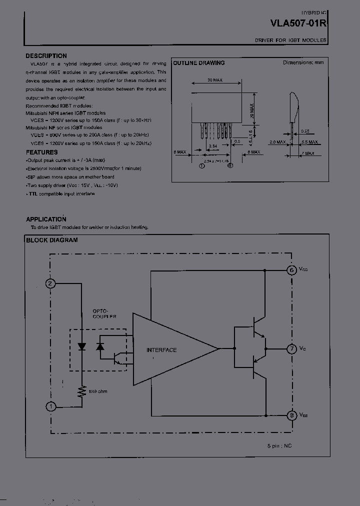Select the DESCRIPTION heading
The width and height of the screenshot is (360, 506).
[46, 56]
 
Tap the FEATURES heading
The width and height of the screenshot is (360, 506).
[41, 152]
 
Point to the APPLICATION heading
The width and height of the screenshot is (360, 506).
[46, 219]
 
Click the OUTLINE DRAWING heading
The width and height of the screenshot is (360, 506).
[198, 63]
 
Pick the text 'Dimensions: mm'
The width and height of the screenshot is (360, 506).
[303, 62]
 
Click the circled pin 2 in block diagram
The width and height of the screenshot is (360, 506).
[50, 284]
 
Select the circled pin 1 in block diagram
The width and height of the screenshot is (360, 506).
[50, 406]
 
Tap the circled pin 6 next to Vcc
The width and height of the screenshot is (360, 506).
[291, 270]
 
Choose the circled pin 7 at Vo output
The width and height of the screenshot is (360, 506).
[291, 348]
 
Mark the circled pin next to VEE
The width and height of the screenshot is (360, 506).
[291, 415]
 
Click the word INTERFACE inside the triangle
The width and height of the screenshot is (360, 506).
[161, 350]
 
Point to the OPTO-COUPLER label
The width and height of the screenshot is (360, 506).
[104, 313]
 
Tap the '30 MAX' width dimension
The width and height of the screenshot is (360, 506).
[215, 80]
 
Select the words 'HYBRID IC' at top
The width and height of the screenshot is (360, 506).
[314, 10]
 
